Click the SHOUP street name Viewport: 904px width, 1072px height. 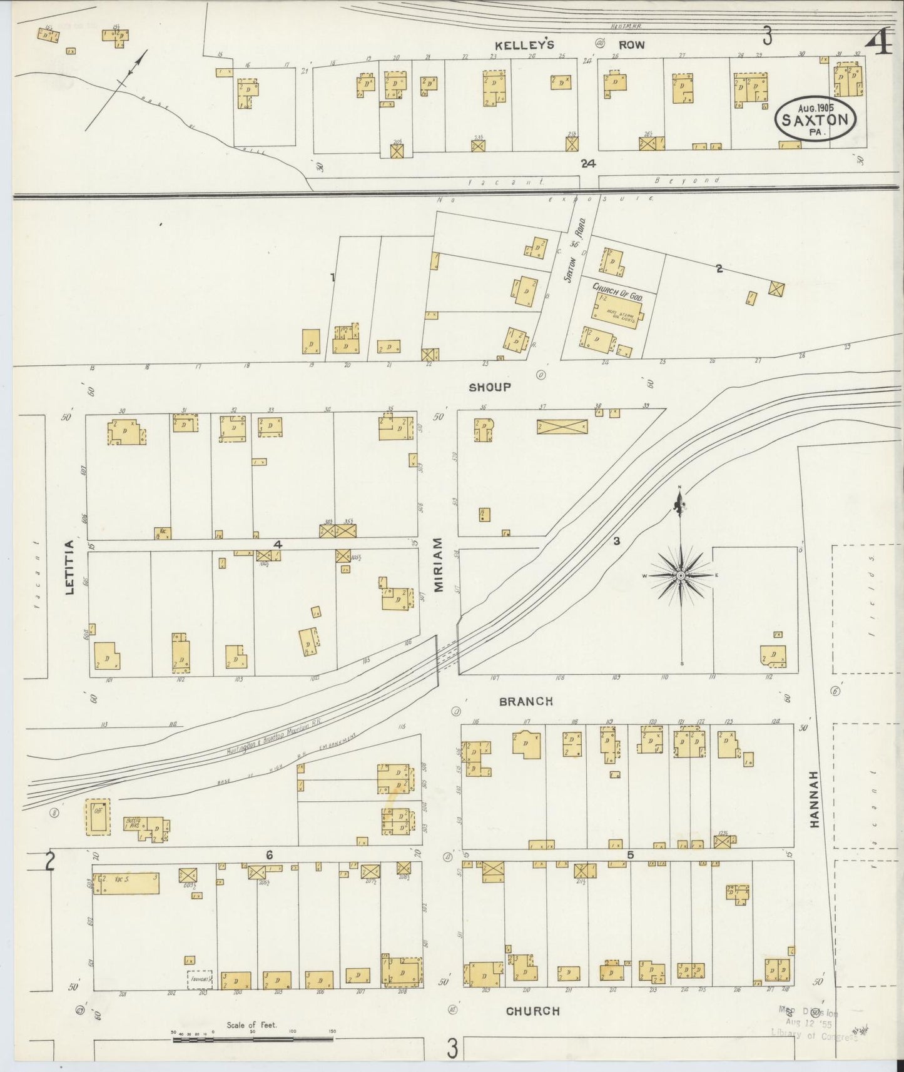(490, 387)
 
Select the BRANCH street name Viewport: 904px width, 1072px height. (526, 702)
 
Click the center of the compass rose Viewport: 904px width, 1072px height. (681, 575)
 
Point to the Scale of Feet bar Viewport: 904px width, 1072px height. (253, 1039)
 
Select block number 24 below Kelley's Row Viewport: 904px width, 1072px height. (587, 164)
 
